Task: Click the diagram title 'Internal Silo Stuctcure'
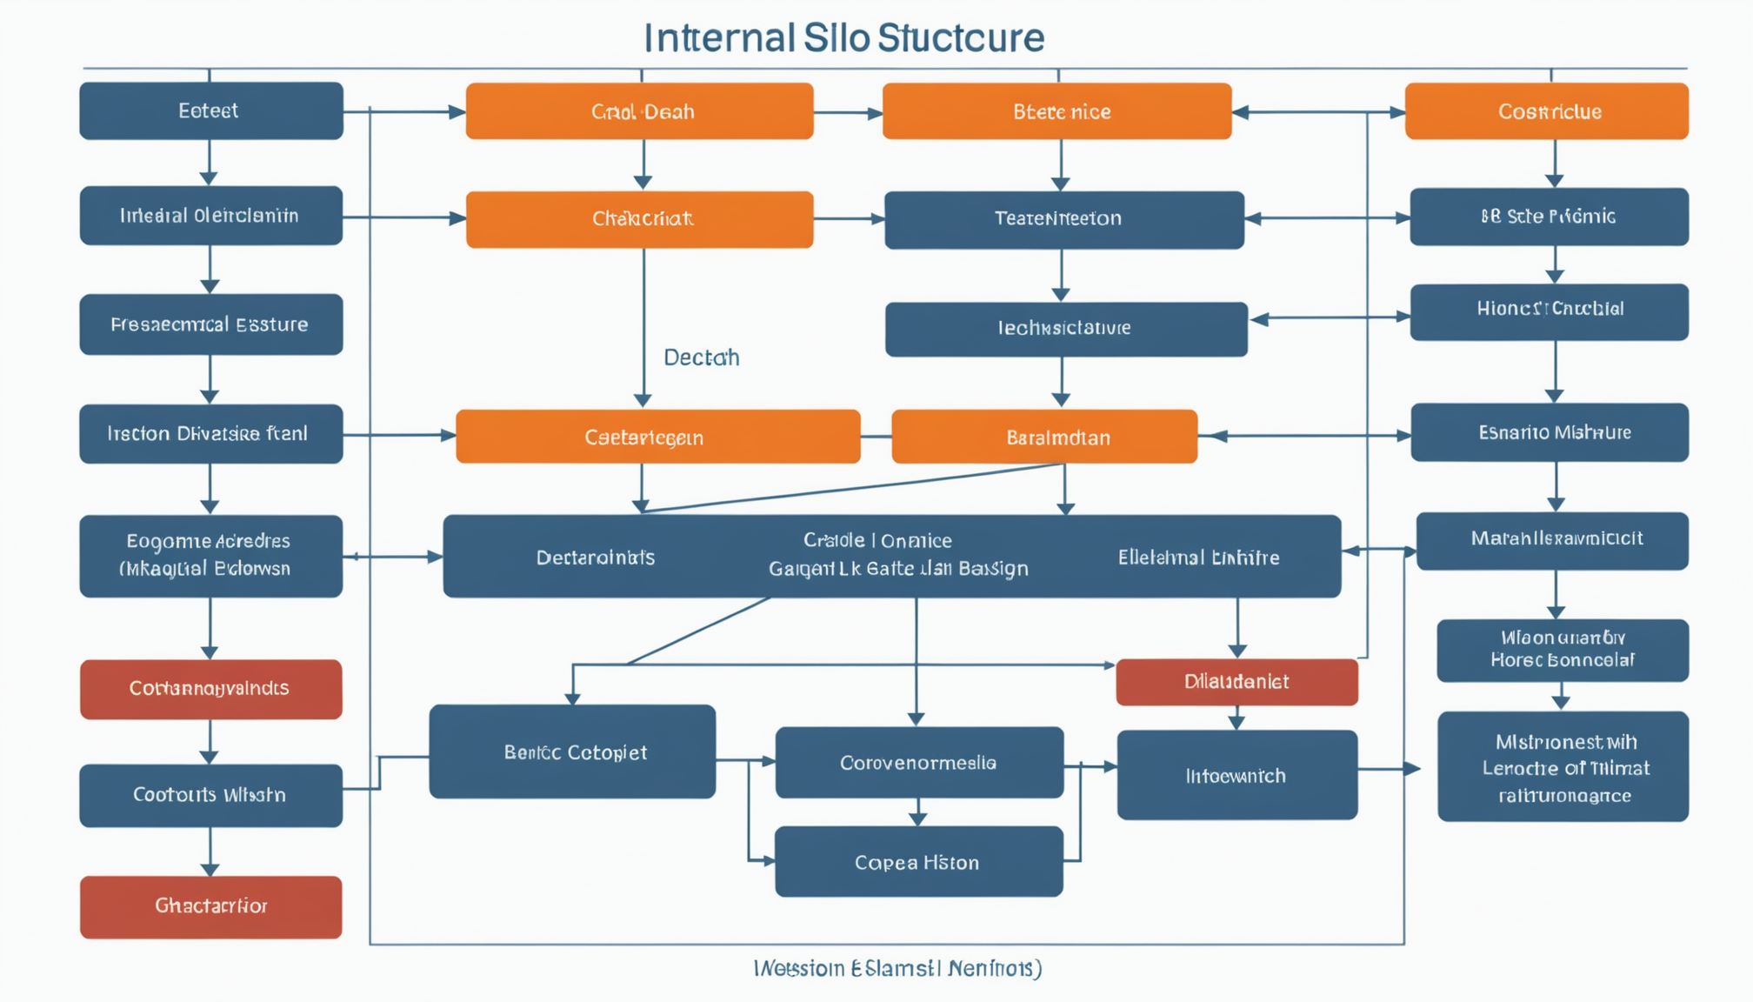point(843,38)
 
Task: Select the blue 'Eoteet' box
point(210,110)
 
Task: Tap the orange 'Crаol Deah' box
point(639,111)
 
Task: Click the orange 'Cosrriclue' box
point(1546,111)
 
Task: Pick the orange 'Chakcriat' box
point(639,219)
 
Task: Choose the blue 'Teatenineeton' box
point(1063,219)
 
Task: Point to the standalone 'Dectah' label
point(701,357)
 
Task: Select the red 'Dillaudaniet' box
point(1236,682)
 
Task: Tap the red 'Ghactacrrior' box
point(210,906)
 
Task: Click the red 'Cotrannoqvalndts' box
point(210,689)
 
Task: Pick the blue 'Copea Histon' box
point(918,861)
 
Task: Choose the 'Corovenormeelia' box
point(918,762)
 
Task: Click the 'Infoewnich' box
point(1236,775)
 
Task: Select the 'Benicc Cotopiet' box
point(572,751)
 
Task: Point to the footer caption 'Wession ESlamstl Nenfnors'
point(897,968)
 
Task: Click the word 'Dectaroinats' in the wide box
point(595,558)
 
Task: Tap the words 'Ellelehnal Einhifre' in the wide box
point(1198,558)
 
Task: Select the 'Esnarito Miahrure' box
point(1549,432)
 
